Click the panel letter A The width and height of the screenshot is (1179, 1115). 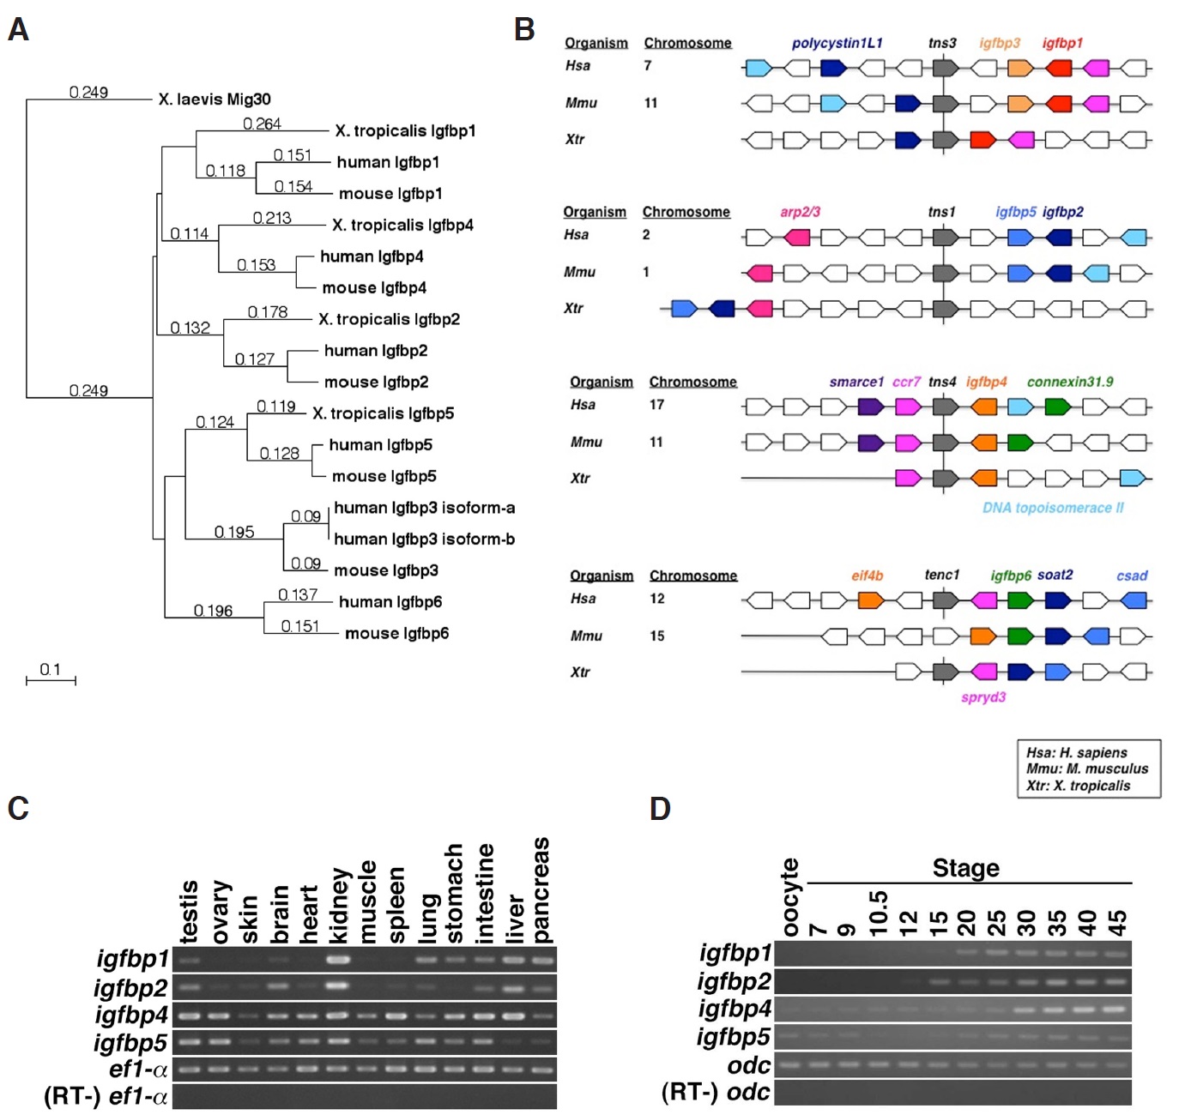point(18,30)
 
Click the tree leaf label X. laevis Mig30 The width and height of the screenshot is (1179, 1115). point(215,99)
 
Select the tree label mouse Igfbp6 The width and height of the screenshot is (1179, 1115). point(396,634)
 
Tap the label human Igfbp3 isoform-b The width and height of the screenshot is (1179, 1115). point(424,539)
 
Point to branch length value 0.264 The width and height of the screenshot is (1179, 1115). point(262,124)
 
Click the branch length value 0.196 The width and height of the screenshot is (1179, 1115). point(213,611)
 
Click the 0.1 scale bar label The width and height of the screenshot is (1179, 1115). point(50,670)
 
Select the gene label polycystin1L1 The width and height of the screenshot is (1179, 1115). point(837,43)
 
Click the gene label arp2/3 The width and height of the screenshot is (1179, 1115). point(800,212)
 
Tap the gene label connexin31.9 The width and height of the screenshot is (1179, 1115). point(1070,382)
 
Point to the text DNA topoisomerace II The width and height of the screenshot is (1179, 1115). point(1053,508)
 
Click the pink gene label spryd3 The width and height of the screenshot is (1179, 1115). point(983,697)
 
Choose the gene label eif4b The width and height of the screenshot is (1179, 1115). point(867,576)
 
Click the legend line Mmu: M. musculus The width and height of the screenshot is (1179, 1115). point(1087,769)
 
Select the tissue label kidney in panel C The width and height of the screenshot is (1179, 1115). point(339,906)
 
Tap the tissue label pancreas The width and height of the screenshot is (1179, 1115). point(541,890)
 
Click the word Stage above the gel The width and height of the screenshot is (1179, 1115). point(965,868)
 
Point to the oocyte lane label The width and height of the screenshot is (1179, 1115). point(789,897)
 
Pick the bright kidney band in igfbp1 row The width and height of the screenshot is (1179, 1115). point(339,959)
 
